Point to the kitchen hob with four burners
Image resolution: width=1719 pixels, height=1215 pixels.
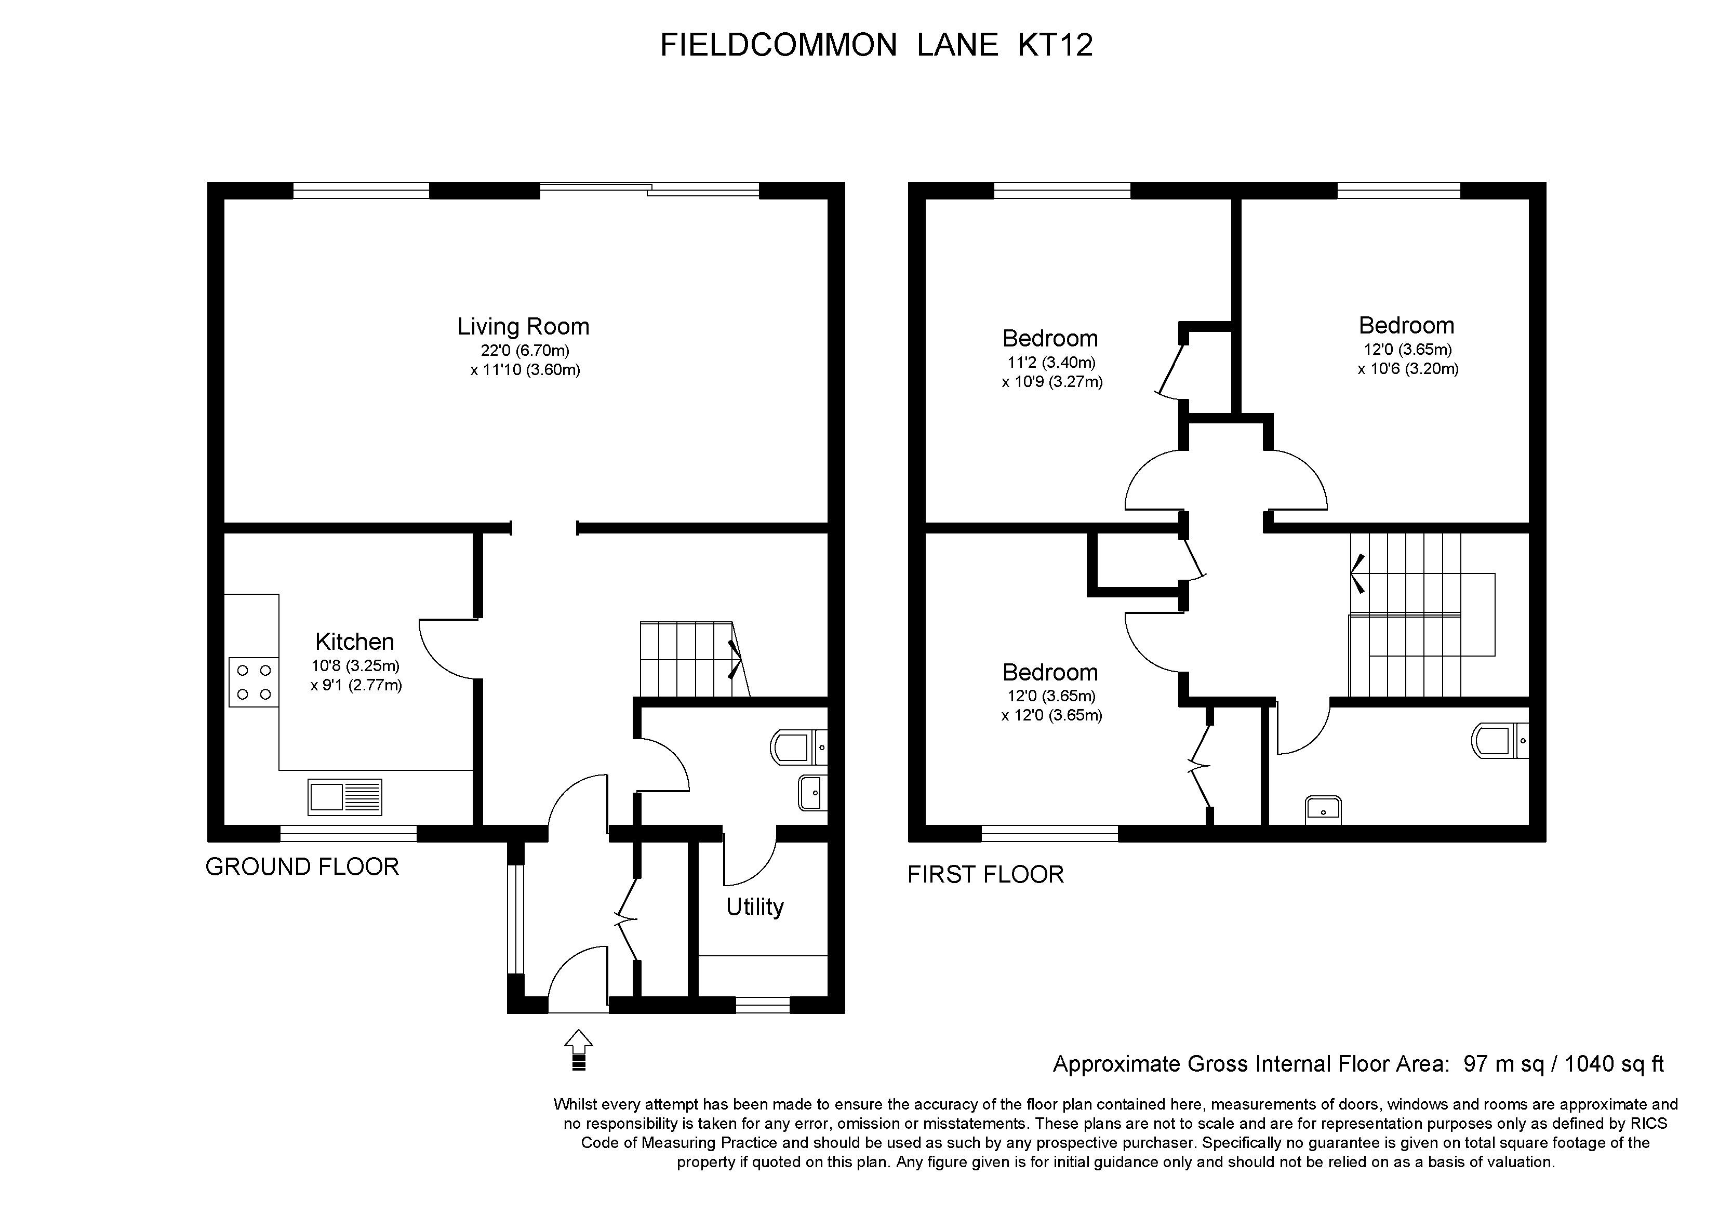click(x=254, y=682)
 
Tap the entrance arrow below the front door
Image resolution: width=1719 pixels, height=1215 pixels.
click(x=578, y=1049)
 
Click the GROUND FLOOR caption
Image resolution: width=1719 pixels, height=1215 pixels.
click(x=302, y=867)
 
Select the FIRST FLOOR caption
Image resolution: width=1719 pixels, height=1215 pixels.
click(x=985, y=874)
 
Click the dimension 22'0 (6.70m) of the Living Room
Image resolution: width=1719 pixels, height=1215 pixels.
click(x=525, y=350)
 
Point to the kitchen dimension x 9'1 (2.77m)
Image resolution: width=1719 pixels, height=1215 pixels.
click(x=356, y=685)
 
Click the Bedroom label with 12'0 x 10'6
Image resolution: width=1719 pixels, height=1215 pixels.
click(x=1406, y=326)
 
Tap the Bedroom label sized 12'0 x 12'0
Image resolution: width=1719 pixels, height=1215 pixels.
click(x=1050, y=672)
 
